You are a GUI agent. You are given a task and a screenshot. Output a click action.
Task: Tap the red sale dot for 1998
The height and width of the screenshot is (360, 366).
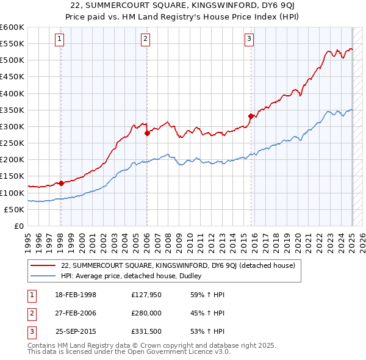pyautogui.click(x=61, y=183)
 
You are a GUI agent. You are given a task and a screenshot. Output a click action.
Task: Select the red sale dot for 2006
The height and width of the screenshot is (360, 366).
pyautogui.click(x=147, y=133)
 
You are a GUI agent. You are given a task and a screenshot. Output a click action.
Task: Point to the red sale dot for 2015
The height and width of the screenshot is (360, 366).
pyautogui.click(x=251, y=116)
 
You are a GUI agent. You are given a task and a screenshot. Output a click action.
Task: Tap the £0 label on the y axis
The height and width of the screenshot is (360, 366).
pyautogui.click(x=19, y=226)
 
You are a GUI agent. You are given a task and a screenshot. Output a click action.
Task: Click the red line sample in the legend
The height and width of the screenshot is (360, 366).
pyautogui.click(x=43, y=265)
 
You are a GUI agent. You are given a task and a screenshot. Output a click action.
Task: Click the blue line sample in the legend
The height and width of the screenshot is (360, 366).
pyautogui.click(x=43, y=276)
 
